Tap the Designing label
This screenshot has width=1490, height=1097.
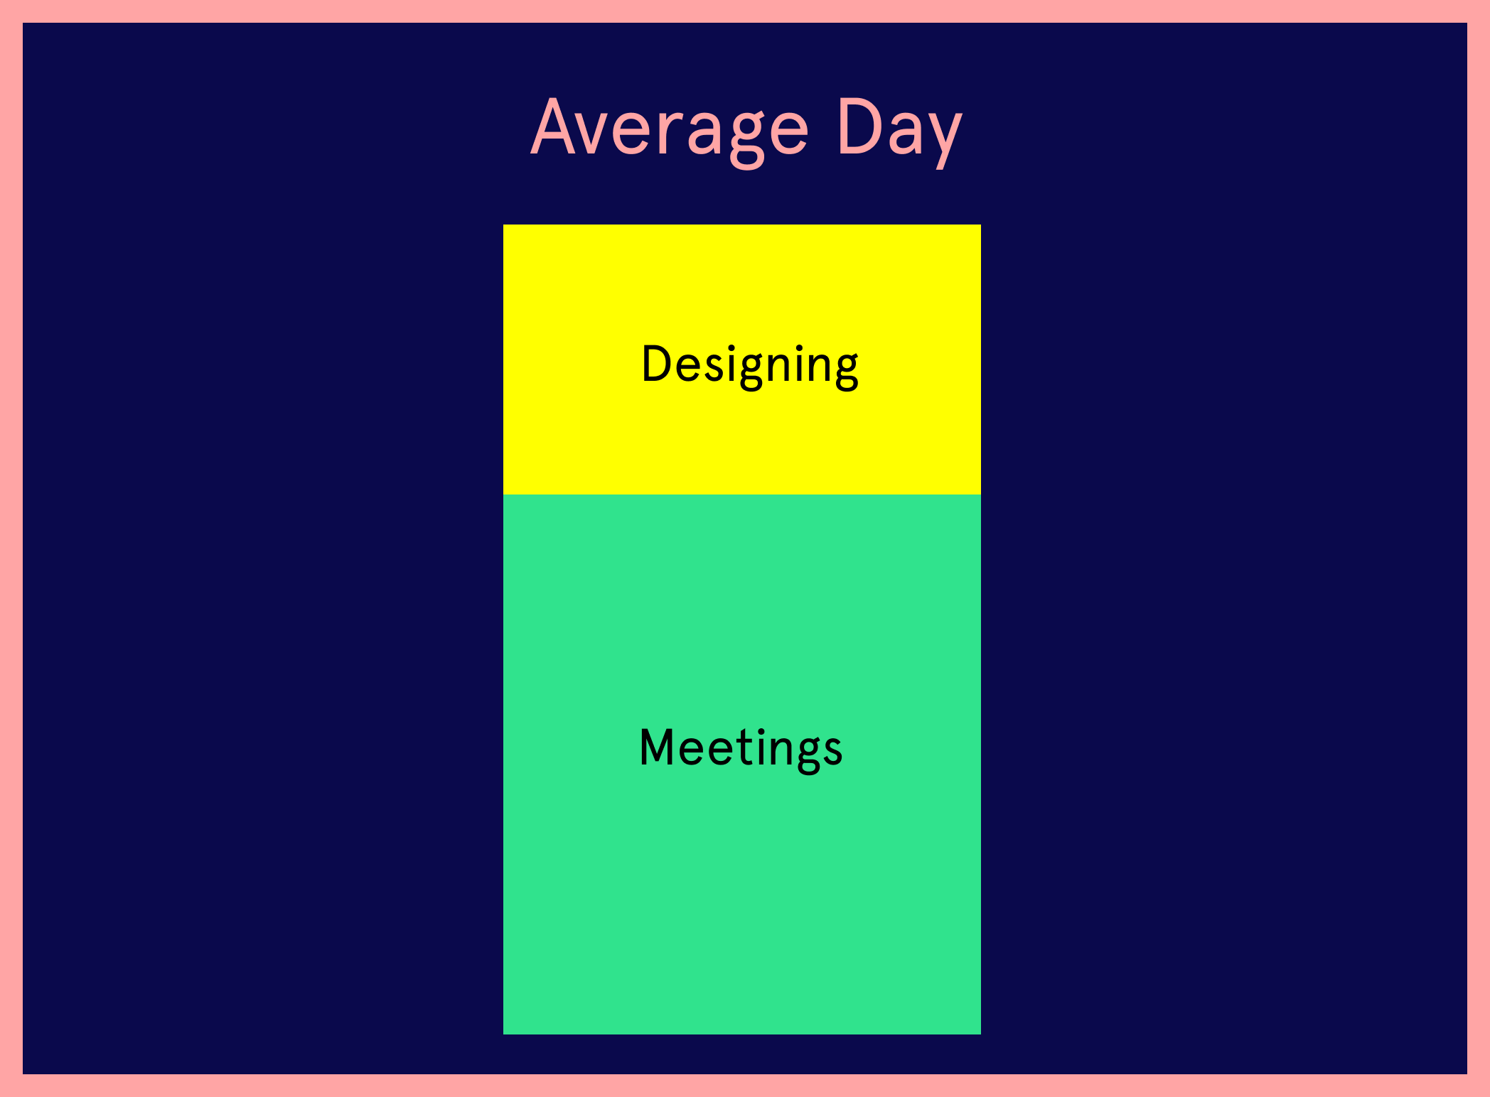pyautogui.click(x=750, y=367)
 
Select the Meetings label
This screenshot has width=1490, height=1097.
pyautogui.click(x=741, y=749)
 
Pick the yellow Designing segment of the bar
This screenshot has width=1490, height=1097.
pyautogui.click(x=742, y=360)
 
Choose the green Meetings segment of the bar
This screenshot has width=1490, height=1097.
pyautogui.click(x=742, y=764)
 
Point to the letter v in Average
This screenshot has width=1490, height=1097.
pyautogui.click(x=599, y=134)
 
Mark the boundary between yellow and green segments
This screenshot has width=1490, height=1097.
pyautogui.click(x=742, y=495)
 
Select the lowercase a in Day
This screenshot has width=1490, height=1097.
pyautogui.click(x=901, y=134)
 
